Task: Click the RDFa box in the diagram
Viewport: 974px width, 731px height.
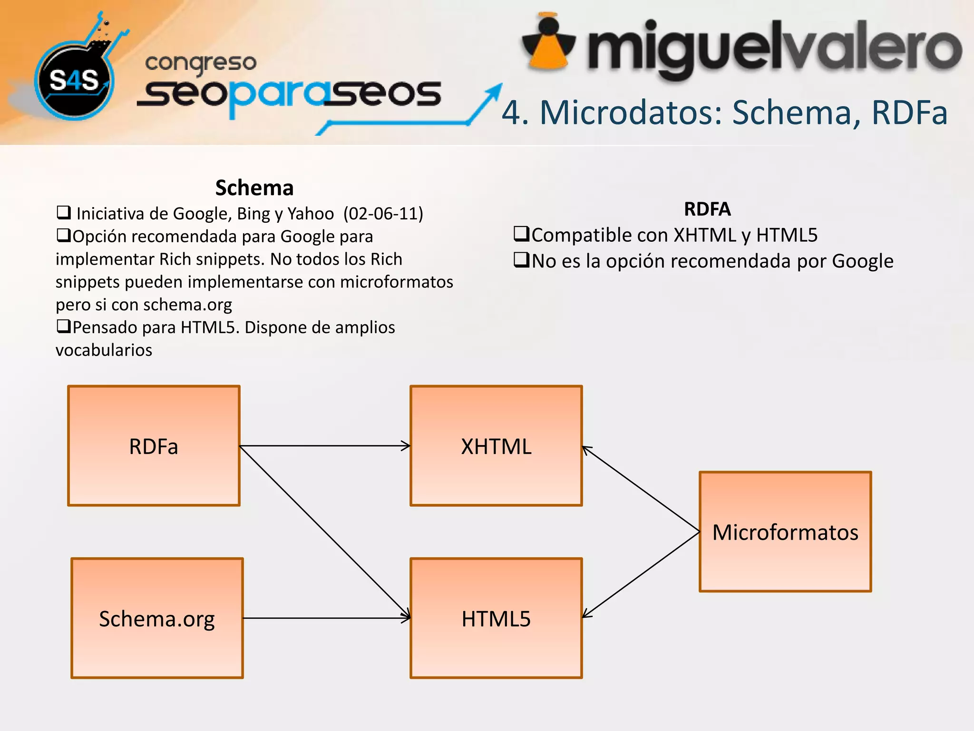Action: (154, 446)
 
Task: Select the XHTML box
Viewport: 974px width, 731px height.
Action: (496, 446)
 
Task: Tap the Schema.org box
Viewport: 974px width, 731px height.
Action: (157, 618)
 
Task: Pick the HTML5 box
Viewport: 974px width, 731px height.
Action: (496, 618)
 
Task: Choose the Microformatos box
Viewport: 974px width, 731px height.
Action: (785, 532)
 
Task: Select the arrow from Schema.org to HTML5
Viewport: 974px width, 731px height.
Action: (327, 618)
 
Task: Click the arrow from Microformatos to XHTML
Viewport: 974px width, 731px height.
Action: (641, 489)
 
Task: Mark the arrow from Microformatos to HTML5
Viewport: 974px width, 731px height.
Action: (641, 575)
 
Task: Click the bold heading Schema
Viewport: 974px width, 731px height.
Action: (254, 188)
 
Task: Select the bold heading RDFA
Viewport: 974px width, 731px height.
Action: (707, 209)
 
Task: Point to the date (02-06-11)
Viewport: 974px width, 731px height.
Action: (383, 214)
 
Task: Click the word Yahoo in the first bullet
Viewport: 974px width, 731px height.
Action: (310, 214)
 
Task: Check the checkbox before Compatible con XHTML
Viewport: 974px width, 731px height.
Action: (521, 234)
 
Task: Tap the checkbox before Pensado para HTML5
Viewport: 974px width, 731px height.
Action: (63, 326)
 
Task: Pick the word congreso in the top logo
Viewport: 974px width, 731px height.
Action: (201, 63)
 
